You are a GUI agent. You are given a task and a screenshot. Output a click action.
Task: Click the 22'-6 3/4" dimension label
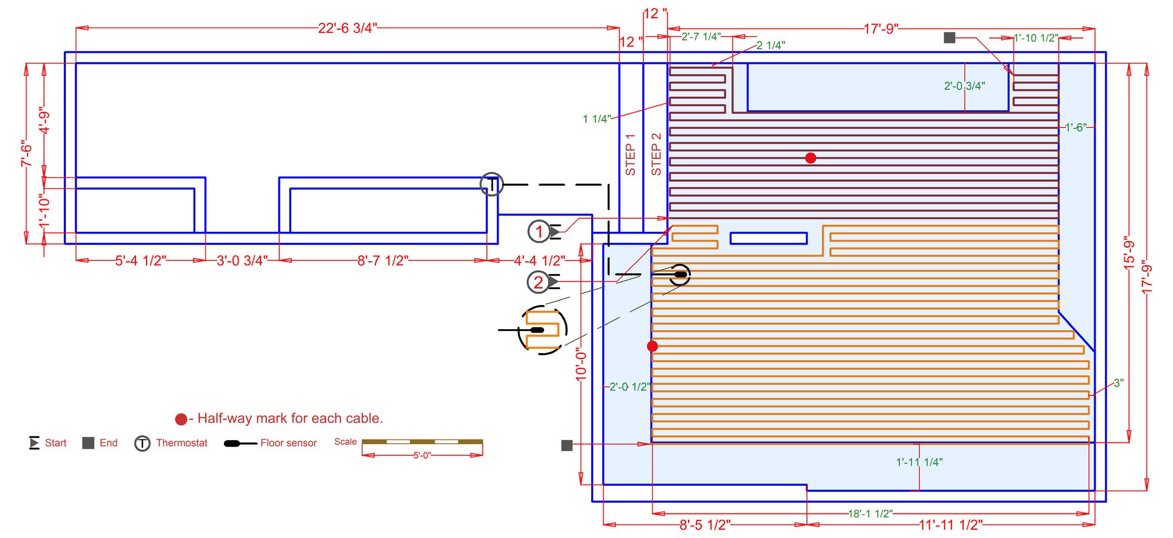pyautogui.click(x=347, y=28)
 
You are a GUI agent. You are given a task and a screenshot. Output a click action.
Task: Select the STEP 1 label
pyautogui.click(x=630, y=154)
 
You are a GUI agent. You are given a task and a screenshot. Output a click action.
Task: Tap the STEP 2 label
pyautogui.click(x=656, y=154)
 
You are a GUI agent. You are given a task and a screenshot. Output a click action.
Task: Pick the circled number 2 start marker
pyautogui.click(x=538, y=282)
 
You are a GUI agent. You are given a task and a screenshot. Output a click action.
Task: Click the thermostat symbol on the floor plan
pyautogui.click(x=491, y=185)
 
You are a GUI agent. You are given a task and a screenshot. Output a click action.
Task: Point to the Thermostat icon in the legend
pyautogui.click(x=143, y=444)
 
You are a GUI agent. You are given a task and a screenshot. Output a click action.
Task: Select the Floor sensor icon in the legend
pyautogui.click(x=240, y=444)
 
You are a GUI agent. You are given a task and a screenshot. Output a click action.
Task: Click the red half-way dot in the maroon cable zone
pyautogui.click(x=811, y=158)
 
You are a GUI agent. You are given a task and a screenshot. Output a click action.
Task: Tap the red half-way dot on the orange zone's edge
pyautogui.click(x=652, y=346)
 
